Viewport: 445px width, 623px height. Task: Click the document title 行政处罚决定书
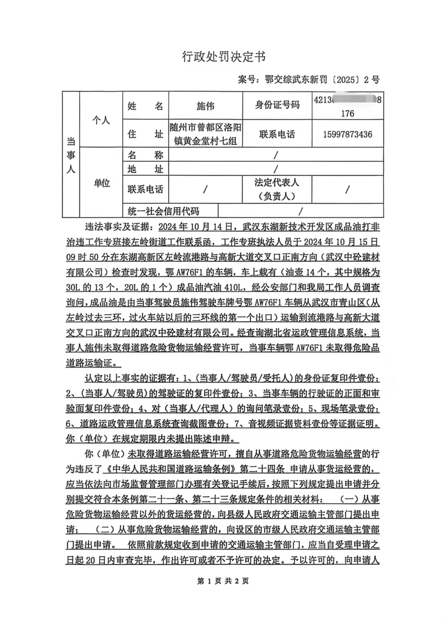tap(224, 56)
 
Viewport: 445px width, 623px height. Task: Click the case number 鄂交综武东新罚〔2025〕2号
tap(309, 80)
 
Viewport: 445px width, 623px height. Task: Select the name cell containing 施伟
tap(205, 106)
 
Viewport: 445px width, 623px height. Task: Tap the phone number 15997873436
tap(348, 134)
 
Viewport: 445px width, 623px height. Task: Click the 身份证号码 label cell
tap(277, 105)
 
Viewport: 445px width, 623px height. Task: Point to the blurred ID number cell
tap(348, 106)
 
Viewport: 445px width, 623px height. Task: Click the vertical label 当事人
tap(71, 155)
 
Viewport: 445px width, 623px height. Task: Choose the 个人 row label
tap(101, 120)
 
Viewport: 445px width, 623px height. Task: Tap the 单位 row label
tap(101, 183)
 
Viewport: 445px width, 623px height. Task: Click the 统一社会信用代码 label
tap(163, 211)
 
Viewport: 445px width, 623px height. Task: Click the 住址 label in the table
tap(145, 134)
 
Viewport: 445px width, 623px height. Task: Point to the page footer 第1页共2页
tap(223, 581)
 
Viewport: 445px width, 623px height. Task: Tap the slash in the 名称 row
tap(276, 155)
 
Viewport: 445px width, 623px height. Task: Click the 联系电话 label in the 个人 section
tap(277, 134)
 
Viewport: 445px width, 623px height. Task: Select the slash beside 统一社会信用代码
tap(301, 211)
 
